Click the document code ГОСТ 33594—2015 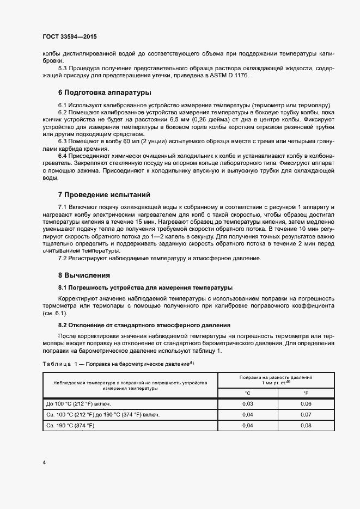70,36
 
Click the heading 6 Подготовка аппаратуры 105,92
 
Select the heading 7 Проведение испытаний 103,194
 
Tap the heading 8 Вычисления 84,274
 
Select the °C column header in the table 247,393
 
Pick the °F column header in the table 306,393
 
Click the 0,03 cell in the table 247,403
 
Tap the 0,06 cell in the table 306,403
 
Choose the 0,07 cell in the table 306,414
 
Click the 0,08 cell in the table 306,425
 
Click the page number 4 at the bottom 44,463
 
